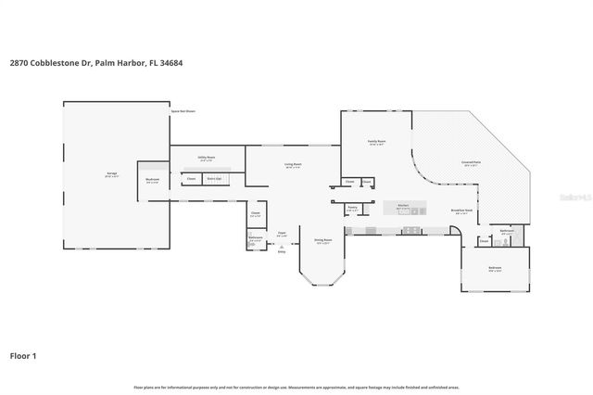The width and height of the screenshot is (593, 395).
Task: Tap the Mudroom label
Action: tap(153, 181)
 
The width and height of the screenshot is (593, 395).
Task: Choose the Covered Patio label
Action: tap(471, 163)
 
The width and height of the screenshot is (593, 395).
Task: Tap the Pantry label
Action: tap(352, 209)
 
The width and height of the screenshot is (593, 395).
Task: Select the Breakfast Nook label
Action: tap(462, 211)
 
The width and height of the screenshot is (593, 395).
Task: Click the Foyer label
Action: tap(282, 234)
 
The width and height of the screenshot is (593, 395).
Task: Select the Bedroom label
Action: tap(495, 270)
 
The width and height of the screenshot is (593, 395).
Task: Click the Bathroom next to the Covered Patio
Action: tap(507, 232)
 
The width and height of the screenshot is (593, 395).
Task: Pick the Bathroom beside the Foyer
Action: tap(255, 238)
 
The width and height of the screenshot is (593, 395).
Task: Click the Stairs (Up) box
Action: tap(213, 178)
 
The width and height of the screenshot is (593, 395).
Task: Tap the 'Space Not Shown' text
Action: tap(183, 110)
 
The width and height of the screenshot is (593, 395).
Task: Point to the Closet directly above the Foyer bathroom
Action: tap(255, 214)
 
